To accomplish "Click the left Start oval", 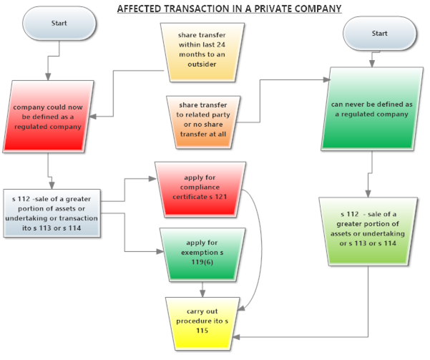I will click(59, 24).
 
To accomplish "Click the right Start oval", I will click(379, 34).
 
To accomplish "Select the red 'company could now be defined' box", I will click(47, 117).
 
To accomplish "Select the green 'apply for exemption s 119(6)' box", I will click(200, 253).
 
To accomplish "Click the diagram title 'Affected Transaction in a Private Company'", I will click(229, 8).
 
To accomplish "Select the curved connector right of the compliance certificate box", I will click(258, 250).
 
